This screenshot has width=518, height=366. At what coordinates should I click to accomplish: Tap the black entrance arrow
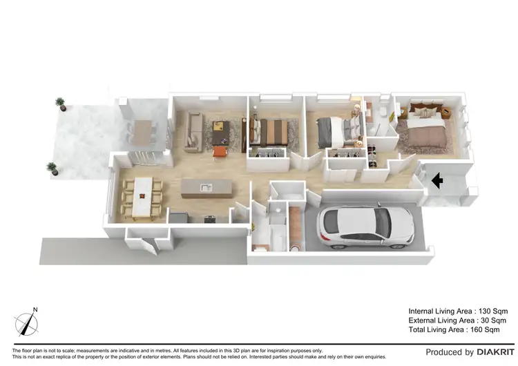click(437, 181)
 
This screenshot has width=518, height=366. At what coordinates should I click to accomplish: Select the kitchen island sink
click(205, 186)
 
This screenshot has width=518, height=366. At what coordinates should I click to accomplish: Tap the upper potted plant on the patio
click(60, 104)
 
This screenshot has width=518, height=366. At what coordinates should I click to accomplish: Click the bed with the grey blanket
click(338, 130)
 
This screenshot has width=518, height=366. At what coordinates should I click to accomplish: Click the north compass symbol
click(26, 322)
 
